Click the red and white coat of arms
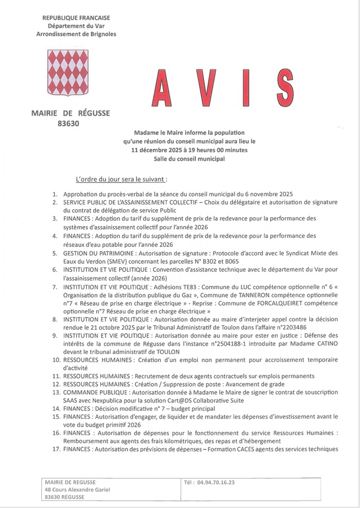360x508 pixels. (x=68, y=72)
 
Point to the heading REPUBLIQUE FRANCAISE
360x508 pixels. (x=76, y=18)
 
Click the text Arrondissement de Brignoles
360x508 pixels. (x=76, y=34)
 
